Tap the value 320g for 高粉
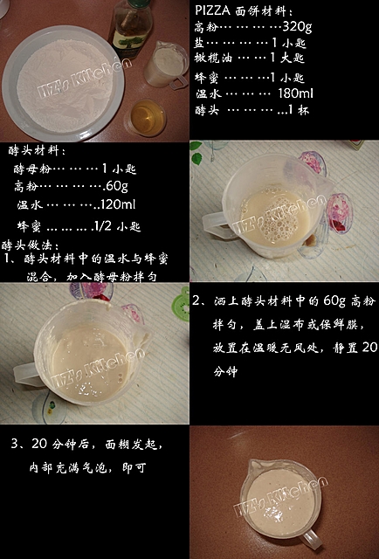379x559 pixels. (x=297, y=27)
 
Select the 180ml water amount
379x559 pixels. (x=295, y=93)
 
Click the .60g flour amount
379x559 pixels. (x=115, y=186)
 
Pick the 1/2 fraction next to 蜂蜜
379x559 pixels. (x=101, y=225)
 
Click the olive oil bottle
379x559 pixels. (x=130, y=27)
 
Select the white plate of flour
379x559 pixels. (x=63, y=84)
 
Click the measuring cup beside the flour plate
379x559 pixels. (x=167, y=65)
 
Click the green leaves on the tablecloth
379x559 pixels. (x=196, y=153)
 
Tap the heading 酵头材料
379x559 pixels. (x=35, y=150)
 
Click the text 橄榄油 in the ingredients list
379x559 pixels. (x=213, y=58)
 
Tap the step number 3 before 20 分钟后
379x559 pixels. (x=15, y=444)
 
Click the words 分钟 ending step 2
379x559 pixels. (x=225, y=371)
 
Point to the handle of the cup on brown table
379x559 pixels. (x=311, y=538)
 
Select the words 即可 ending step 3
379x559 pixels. (x=134, y=467)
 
